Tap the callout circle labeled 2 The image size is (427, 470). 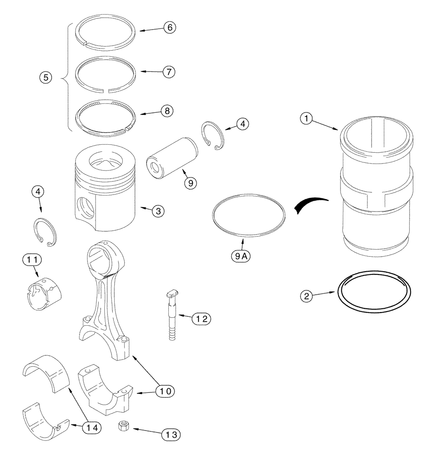tap(307, 296)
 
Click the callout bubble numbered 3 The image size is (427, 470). tap(158, 211)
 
